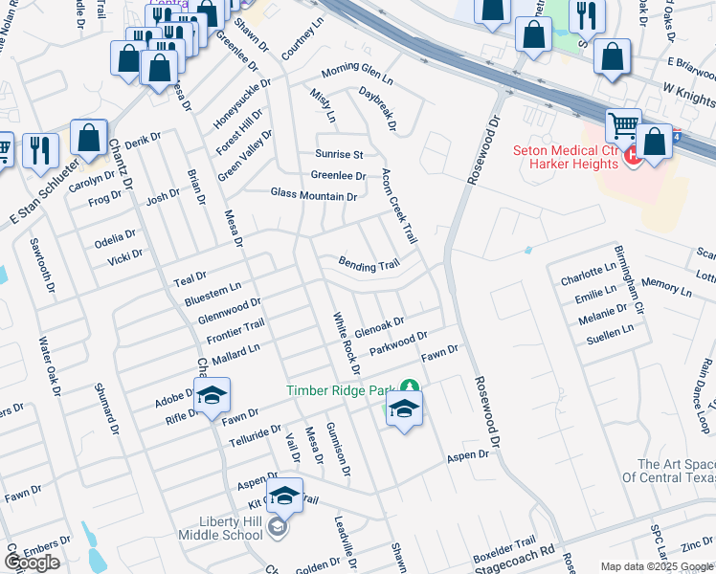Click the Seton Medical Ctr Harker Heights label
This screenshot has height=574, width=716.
point(567,157)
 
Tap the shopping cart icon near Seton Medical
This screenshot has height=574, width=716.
point(623,126)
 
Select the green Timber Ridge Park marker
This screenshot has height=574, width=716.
point(410,386)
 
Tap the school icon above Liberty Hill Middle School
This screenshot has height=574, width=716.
point(284,497)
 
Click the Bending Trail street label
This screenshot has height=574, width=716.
point(368,265)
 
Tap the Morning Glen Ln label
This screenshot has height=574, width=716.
point(357,72)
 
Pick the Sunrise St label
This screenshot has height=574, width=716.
point(340,154)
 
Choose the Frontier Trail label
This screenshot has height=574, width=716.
point(235,334)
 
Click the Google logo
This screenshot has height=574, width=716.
point(32,562)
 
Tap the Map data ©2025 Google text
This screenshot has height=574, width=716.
point(657,566)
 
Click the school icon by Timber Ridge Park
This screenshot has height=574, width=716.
point(404,411)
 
